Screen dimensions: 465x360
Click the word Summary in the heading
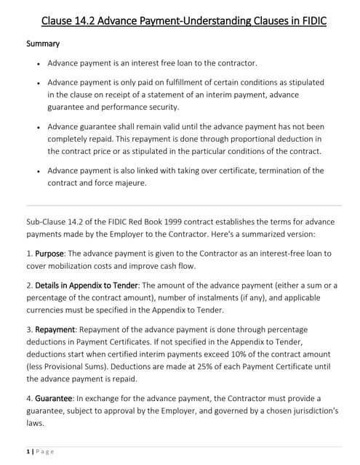click(43, 44)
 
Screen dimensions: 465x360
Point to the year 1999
click(177, 220)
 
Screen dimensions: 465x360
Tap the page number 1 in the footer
click(28, 450)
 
